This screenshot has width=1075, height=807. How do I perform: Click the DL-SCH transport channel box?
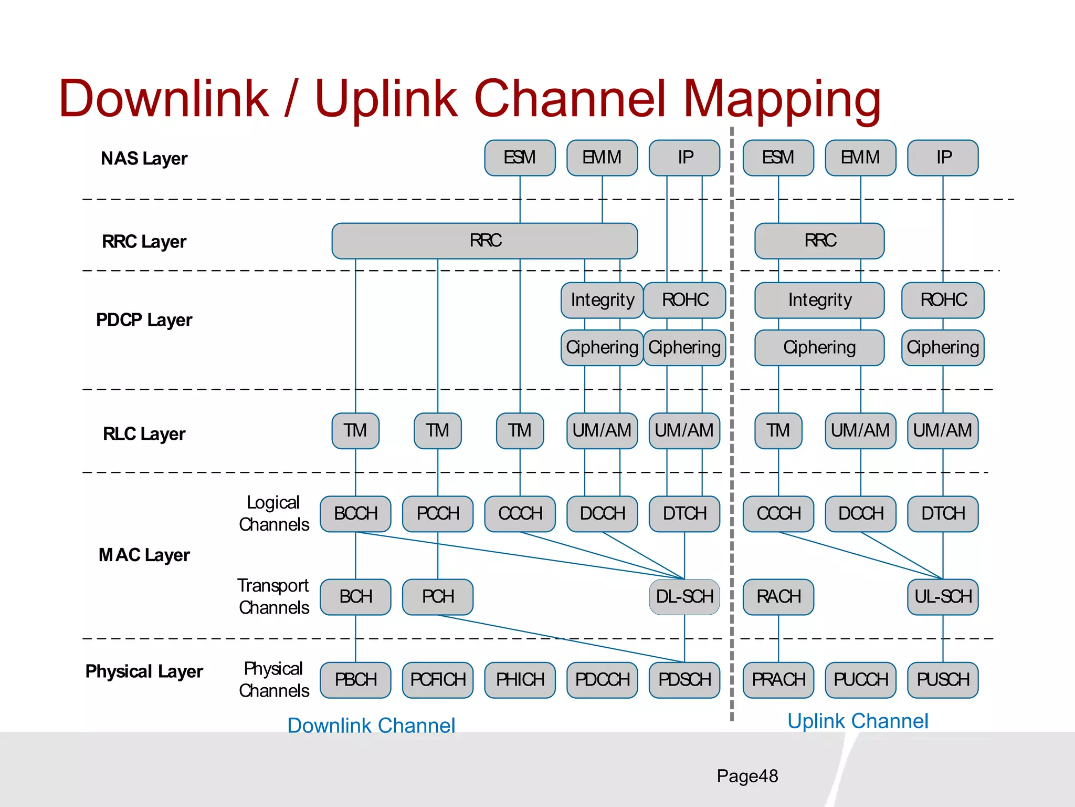684,597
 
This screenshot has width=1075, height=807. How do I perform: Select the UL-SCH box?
943,597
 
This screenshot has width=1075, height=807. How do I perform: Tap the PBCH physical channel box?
355,680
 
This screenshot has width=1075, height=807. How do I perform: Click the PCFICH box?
438,680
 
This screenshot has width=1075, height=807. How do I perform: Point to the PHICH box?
520,680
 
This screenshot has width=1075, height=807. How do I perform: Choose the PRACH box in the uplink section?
778,680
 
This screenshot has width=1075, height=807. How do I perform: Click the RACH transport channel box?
778,597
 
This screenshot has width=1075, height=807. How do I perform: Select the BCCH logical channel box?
355,514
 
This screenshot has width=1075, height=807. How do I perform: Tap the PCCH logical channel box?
438,514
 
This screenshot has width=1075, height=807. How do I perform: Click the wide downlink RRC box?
484,241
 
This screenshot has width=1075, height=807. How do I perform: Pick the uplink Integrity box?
819,300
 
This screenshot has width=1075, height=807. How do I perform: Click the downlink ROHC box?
684,300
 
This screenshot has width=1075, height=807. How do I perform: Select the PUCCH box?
860,680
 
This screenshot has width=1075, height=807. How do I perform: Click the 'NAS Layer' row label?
144,159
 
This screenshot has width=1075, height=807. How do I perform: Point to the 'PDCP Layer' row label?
144,320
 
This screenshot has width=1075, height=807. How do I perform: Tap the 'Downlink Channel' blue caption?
371,726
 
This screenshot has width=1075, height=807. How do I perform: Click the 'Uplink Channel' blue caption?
858,721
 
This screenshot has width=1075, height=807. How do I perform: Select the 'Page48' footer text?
747,776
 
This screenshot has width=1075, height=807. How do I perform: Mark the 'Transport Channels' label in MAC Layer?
273,597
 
